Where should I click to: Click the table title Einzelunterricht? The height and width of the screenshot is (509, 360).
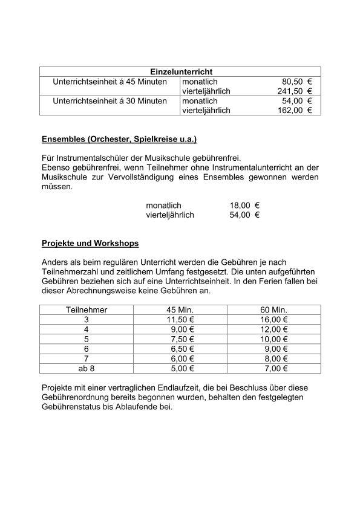tap(180, 72)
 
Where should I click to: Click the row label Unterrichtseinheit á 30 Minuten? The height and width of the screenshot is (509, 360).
tap(110, 101)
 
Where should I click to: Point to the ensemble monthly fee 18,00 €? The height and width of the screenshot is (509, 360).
tap(244, 206)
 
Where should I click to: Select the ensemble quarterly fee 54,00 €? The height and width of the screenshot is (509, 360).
tap(244, 215)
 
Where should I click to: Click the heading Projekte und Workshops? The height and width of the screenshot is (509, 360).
tap(90, 244)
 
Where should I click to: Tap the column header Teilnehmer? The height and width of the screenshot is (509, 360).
tap(87, 310)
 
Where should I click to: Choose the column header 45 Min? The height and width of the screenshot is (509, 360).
tap(180, 310)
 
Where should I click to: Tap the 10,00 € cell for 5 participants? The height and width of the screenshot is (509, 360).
tap(275, 339)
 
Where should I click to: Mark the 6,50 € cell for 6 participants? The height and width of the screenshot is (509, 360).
tap(180, 349)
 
